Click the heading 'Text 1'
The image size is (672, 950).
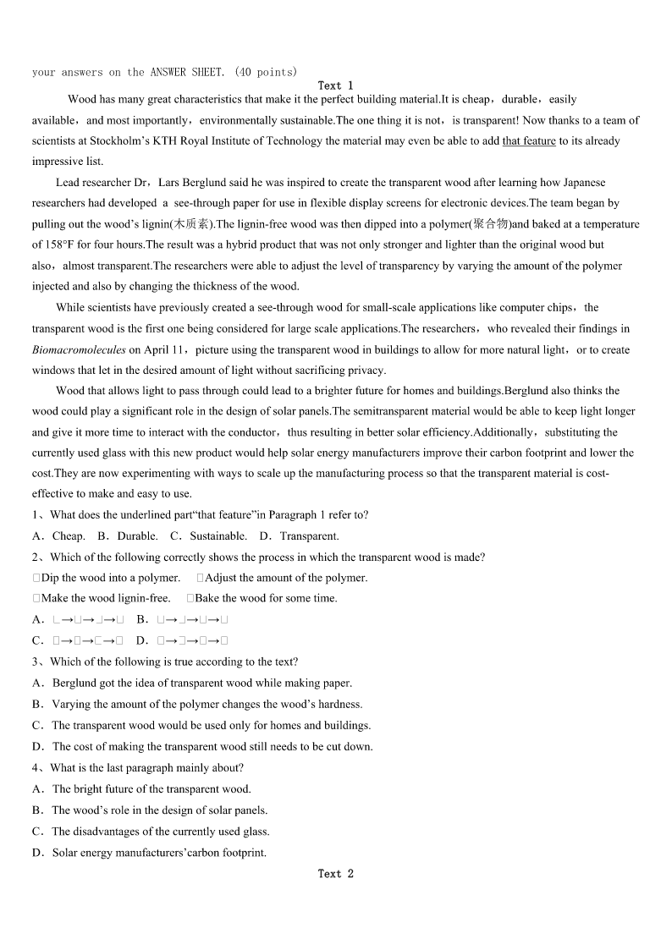coord(335,85)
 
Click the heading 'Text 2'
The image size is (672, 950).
coord(335,873)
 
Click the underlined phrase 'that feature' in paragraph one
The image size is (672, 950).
coord(529,141)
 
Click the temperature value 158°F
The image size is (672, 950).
coord(60,244)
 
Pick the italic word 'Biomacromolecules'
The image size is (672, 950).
coord(79,349)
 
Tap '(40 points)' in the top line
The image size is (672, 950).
coord(266,72)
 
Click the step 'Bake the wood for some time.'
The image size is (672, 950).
coord(265,598)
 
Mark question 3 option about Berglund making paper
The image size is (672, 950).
coord(201,683)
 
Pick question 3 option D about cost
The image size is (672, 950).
coord(212,746)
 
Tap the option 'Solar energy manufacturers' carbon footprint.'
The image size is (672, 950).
coord(158,852)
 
